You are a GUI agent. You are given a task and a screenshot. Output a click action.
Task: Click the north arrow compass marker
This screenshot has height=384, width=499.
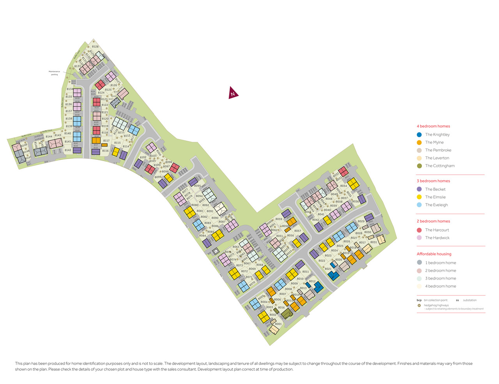(x=233, y=93)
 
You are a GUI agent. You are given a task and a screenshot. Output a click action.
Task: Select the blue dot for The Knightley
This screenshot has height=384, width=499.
(x=419, y=134)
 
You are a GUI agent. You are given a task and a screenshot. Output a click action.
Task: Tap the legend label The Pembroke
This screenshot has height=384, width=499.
(x=438, y=150)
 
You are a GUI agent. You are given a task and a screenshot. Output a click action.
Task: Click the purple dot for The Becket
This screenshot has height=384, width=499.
(x=419, y=189)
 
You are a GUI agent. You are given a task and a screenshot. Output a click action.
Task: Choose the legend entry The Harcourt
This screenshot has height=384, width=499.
(x=437, y=230)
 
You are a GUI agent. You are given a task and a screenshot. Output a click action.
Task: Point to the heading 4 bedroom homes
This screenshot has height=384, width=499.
(x=433, y=126)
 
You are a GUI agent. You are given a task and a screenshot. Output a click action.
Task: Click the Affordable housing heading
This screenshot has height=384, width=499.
(x=434, y=254)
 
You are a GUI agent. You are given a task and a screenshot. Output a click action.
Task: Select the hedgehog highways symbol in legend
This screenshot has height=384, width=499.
(x=419, y=306)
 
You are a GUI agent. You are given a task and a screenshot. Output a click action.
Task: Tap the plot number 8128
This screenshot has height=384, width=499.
(x=95, y=47)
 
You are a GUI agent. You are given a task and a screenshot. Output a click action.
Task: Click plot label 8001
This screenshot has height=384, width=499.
(x=278, y=324)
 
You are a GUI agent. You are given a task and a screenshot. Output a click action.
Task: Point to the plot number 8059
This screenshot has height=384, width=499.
(x=279, y=219)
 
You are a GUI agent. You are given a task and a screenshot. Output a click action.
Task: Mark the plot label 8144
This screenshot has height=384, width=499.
(x=49, y=136)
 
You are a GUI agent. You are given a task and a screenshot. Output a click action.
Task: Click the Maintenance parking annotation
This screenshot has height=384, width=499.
(x=55, y=73)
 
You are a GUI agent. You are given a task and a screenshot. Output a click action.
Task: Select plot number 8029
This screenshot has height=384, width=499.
(x=361, y=221)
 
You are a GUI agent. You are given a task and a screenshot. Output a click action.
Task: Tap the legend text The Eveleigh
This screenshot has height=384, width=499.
(x=436, y=205)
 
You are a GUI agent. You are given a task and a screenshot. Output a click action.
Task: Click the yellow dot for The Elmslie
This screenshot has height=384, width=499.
(x=419, y=197)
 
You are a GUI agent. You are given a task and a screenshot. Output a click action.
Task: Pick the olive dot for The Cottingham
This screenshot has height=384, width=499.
(x=419, y=166)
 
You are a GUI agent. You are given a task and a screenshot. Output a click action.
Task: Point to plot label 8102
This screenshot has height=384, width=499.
(x=143, y=157)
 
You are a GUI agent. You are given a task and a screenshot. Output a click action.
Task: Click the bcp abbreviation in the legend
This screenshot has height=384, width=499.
(x=419, y=300)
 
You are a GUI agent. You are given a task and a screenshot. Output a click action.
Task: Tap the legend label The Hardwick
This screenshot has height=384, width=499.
(x=437, y=238)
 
